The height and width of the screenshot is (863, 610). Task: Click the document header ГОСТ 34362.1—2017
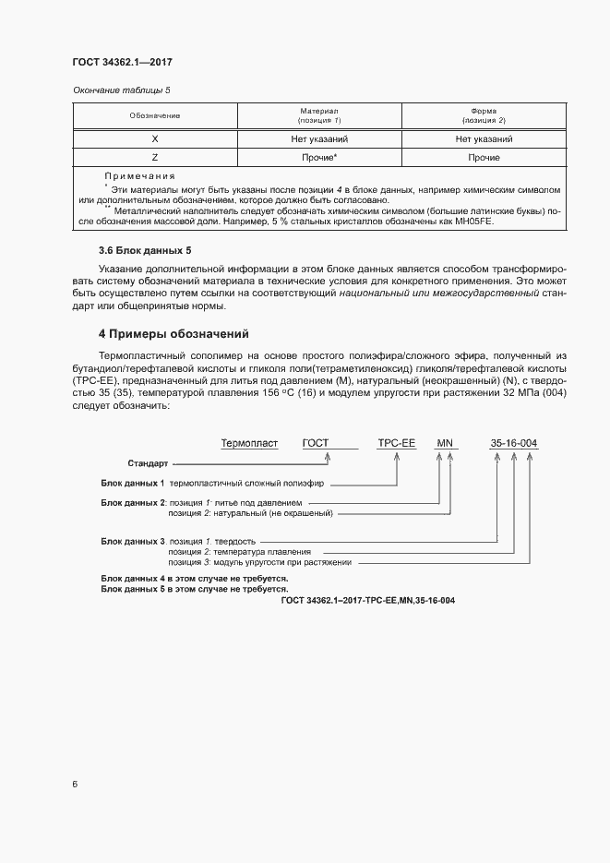tap(122, 62)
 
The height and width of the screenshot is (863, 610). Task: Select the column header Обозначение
tap(154, 116)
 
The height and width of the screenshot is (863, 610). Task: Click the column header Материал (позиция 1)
tap(318, 115)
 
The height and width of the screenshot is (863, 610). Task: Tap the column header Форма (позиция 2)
tap(484, 115)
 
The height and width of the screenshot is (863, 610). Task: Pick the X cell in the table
tap(154, 139)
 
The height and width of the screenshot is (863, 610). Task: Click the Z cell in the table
tap(154, 158)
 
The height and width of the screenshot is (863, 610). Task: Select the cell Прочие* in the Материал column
tap(318, 158)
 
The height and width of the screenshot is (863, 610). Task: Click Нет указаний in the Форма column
tap(484, 139)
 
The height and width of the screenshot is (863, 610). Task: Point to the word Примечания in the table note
tap(139, 175)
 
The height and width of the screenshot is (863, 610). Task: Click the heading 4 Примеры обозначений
tap(173, 333)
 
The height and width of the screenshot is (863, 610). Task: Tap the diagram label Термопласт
tap(249, 443)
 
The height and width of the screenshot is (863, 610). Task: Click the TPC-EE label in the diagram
tap(397, 443)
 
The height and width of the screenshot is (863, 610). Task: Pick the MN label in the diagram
tap(445, 443)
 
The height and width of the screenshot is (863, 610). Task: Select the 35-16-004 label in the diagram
tap(513, 443)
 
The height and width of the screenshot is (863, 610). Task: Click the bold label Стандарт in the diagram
tap(148, 463)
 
